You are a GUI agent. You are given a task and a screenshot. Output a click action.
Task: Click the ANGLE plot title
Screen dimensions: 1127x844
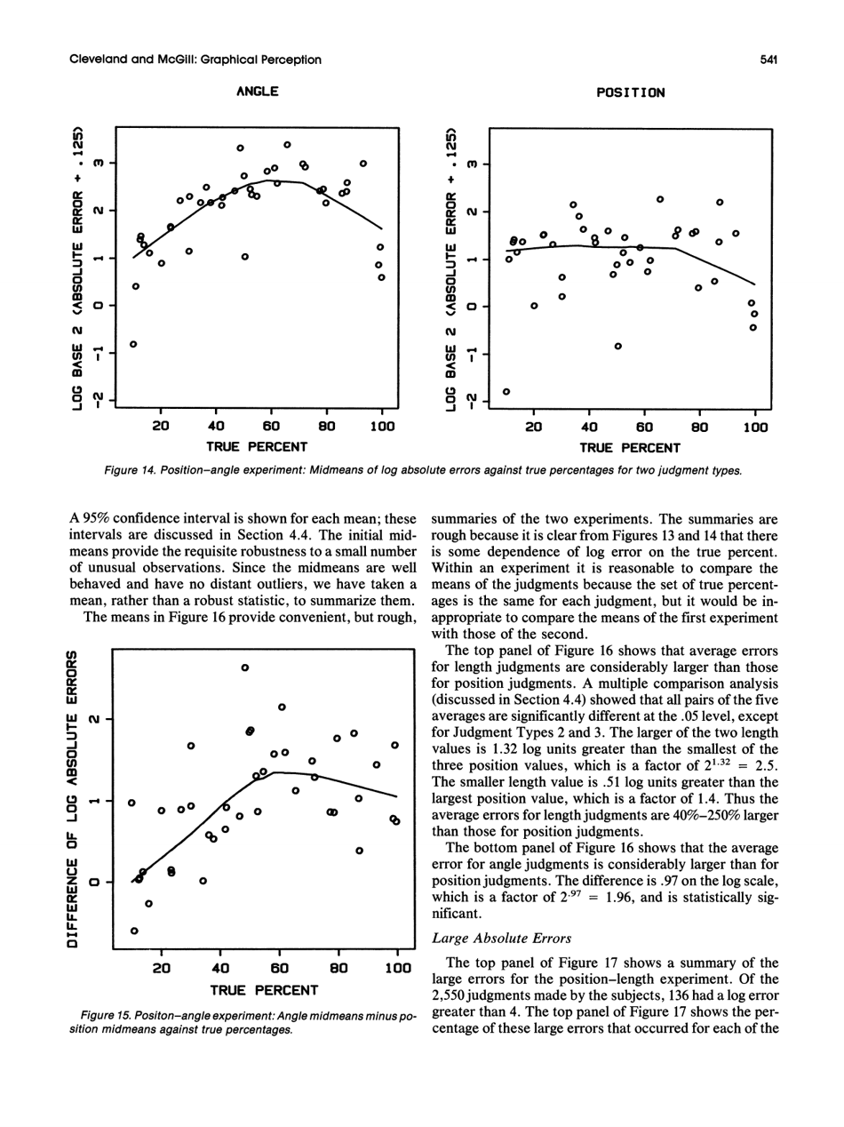click(x=257, y=92)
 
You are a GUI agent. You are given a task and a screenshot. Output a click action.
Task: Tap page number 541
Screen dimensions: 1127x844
click(x=769, y=60)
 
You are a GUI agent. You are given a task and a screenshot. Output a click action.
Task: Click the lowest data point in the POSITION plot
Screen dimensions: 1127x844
click(x=506, y=391)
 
